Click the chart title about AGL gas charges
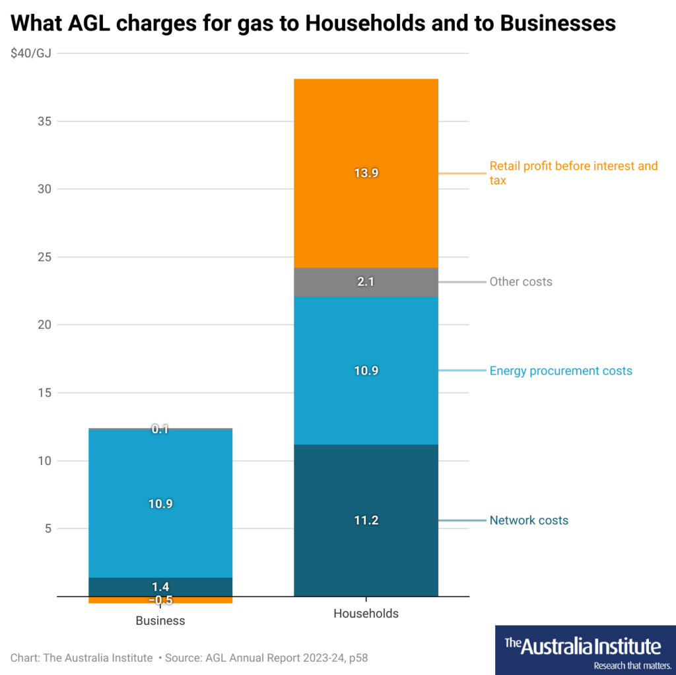[314, 24]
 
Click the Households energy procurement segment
[366, 396]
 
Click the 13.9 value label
[366, 173]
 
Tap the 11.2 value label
[366, 520]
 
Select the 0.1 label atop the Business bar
[160, 429]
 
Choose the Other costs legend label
[520, 282]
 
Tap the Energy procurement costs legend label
[560, 371]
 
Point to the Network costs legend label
[528, 520]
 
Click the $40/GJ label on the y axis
[30, 53]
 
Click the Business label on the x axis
[160, 621]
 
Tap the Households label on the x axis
[366, 614]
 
